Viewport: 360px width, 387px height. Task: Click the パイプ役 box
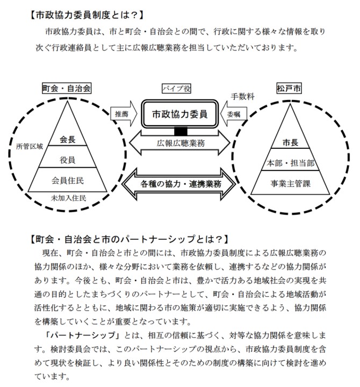tap(176, 88)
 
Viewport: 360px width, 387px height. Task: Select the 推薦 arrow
tap(122, 114)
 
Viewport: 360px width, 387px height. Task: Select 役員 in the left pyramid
tap(68, 159)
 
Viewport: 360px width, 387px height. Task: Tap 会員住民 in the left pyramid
tap(68, 179)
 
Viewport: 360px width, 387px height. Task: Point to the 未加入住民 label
tap(68, 197)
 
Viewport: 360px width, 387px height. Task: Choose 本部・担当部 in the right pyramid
tap(289, 163)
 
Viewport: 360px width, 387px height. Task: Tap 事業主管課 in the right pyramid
tap(289, 183)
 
